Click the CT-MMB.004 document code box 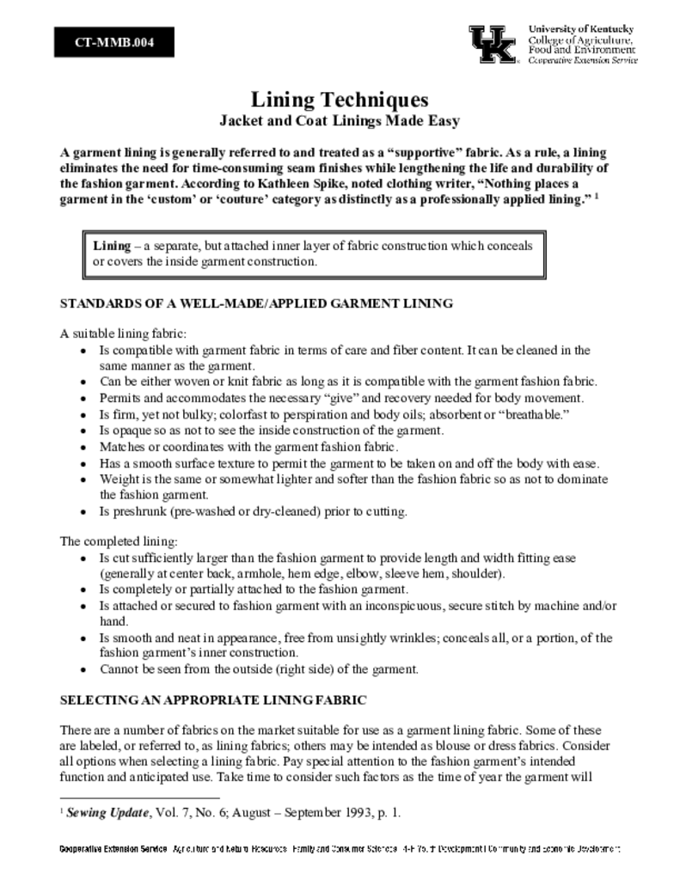click(x=114, y=42)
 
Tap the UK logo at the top click(x=493, y=44)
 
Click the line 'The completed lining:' click(x=119, y=541)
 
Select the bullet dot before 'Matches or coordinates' click(x=83, y=447)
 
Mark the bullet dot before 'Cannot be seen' click(x=83, y=669)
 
